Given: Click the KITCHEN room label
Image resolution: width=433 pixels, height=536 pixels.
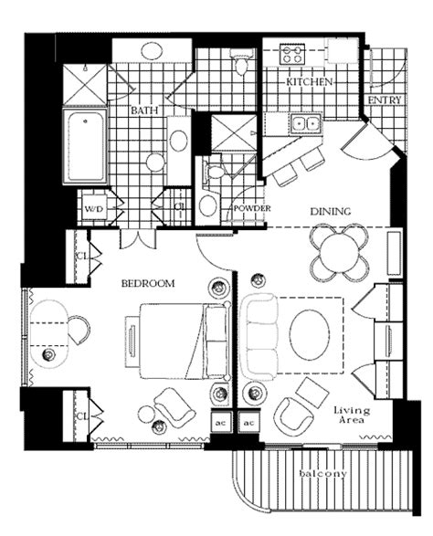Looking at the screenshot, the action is (x=309, y=82).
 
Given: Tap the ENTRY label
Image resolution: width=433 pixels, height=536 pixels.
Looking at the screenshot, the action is (x=384, y=100).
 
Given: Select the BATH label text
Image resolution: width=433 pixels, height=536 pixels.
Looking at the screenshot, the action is (x=144, y=110).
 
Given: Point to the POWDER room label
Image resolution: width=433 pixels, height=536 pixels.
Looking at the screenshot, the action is (x=252, y=208).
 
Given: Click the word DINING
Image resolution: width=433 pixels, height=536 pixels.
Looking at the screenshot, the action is (x=331, y=211).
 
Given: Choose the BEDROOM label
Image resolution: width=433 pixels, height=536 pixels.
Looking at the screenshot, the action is (x=148, y=283).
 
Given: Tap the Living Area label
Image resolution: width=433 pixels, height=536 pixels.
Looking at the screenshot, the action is (x=352, y=415).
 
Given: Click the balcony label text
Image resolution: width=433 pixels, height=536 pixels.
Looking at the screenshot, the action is (x=322, y=473).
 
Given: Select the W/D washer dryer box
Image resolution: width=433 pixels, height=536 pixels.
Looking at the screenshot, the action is (x=94, y=208).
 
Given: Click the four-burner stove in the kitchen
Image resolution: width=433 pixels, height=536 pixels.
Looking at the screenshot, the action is (x=291, y=54).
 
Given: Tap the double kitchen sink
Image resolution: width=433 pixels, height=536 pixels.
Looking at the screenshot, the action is (x=306, y=124).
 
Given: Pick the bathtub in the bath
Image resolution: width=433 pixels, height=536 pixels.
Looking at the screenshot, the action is (x=85, y=145).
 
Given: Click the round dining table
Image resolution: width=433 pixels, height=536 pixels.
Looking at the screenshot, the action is (x=339, y=253).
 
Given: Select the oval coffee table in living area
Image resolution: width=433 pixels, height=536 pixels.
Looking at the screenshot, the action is (x=310, y=335).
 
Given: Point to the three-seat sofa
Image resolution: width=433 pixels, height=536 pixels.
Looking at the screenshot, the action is (x=259, y=336).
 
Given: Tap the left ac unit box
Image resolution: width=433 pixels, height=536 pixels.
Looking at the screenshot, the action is (x=221, y=423).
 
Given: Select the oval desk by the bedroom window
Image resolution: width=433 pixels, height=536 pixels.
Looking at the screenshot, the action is (x=49, y=333).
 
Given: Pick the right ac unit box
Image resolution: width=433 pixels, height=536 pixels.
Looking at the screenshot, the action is (x=248, y=423).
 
